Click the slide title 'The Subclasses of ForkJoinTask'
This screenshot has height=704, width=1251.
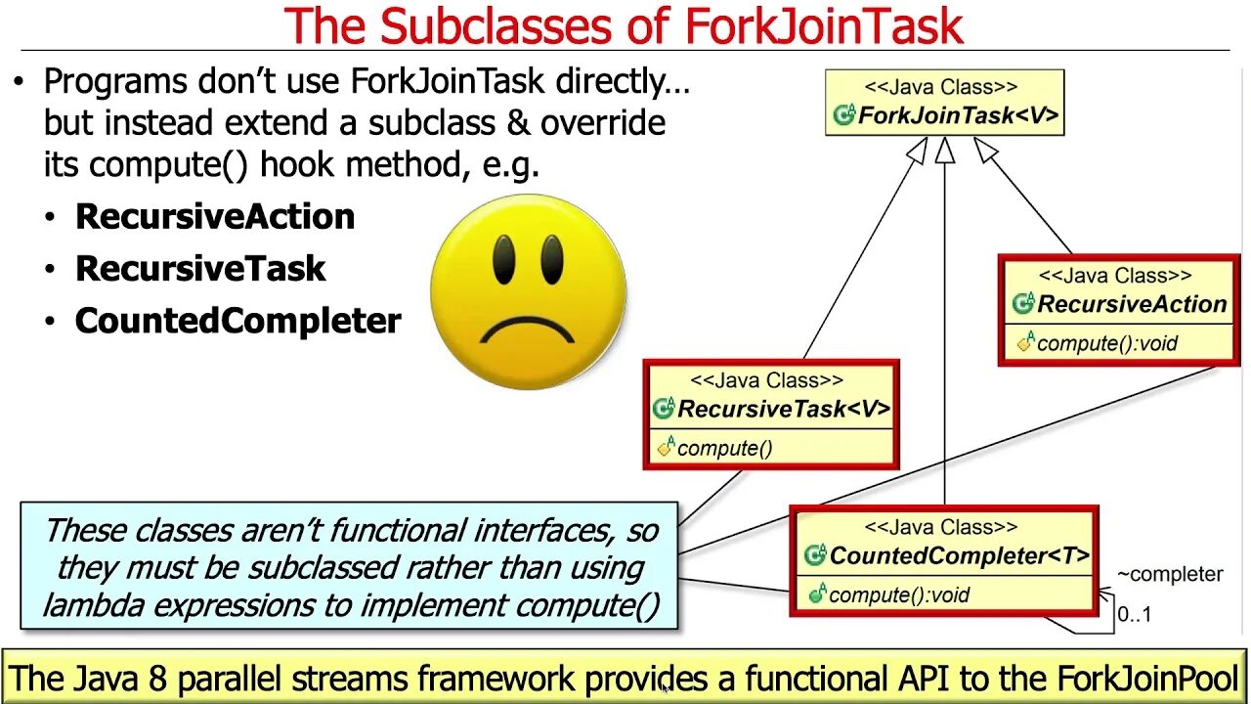click(624, 26)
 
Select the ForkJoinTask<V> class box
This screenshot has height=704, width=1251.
click(944, 102)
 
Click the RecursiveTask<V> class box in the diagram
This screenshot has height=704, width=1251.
click(771, 415)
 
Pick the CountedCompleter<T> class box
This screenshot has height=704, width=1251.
click(945, 560)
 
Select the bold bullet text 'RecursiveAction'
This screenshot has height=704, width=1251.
click(215, 216)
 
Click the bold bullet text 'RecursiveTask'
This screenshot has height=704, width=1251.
click(200, 269)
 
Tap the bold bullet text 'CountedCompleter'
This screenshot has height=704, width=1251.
click(238, 322)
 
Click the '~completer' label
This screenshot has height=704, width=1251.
click(1169, 574)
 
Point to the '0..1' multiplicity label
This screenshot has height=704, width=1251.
click(1134, 615)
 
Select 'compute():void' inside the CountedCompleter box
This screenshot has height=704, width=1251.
click(898, 594)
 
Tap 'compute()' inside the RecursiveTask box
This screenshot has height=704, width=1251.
click(724, 449)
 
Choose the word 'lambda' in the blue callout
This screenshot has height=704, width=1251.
click(91, 605)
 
